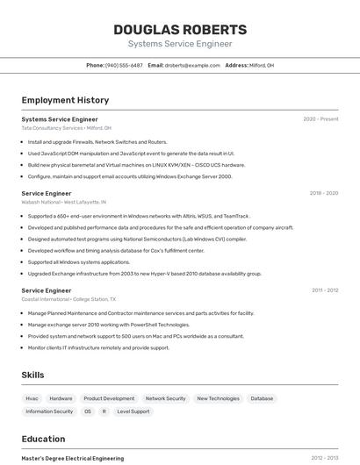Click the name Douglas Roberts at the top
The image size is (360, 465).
click(x=180, y=30)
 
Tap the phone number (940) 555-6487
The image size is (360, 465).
click(x=124, y=66)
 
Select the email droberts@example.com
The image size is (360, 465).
click(x=192, y=66)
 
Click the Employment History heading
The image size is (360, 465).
click(x=65, y=101)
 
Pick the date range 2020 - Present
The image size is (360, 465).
click(x=320, y=119)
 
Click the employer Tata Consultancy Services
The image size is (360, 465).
click(x=52, y=128)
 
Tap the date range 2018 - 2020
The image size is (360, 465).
click(x=324, y=193)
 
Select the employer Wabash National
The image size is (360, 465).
click(x=41, y=202)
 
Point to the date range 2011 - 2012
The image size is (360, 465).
click(x=325, y=290)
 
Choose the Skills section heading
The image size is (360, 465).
click(x=33, y=376)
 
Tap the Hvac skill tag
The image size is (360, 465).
click(x=32, y=398)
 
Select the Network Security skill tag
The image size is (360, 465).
click(x=165, y=398)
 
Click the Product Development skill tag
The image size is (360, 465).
click(x=109, y=398)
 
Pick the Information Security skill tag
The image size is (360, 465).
click(x=50, y=411)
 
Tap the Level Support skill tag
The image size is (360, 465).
click(x=133, y=411)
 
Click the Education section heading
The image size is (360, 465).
click(x=43, y=439)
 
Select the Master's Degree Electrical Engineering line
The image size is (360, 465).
click(x=73, y=458)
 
